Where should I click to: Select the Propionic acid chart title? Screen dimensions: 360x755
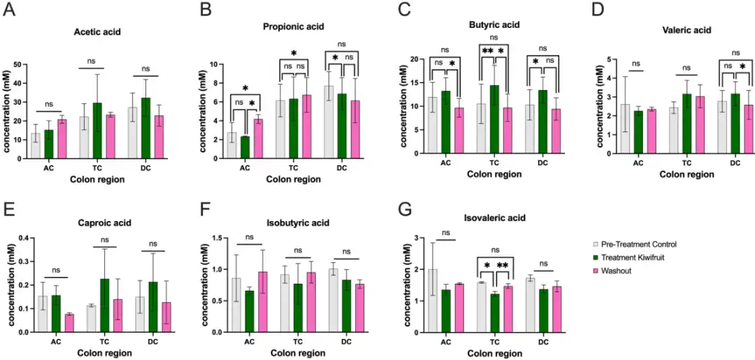click(x=294, y=27)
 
